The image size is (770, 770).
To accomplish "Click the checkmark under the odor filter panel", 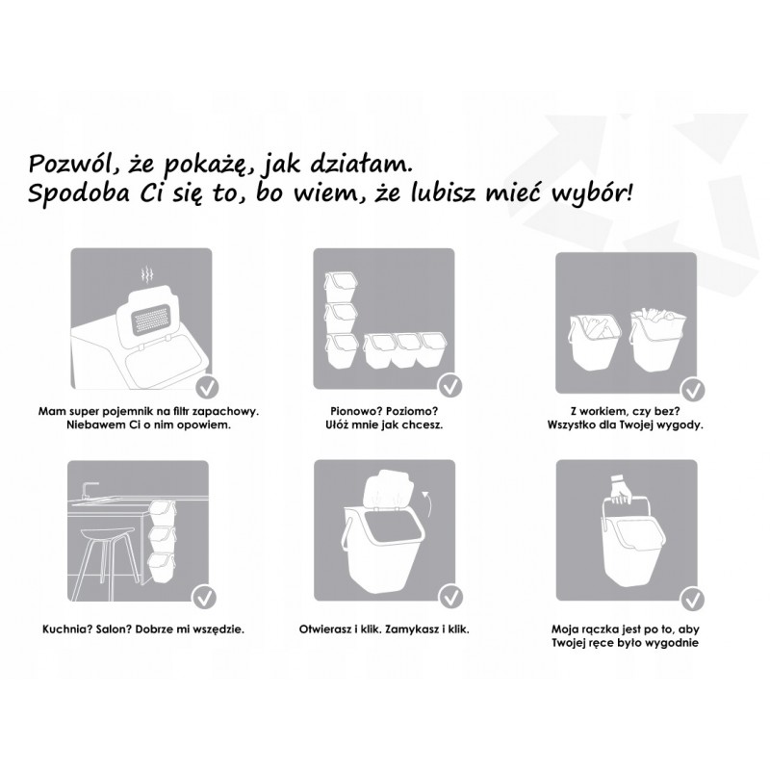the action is [207, 388].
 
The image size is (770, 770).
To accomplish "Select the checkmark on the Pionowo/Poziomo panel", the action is [450, 386].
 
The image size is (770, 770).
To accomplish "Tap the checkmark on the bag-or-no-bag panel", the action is [692, 391].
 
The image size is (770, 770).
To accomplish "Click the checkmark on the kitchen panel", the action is [204, 598].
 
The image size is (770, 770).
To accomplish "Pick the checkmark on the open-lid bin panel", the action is [450, 597].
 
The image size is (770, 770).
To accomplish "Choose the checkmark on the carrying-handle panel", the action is [692, 599].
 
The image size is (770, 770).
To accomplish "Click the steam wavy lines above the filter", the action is [146, 276].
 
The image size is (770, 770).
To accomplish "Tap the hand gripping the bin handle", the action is [621, 490].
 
